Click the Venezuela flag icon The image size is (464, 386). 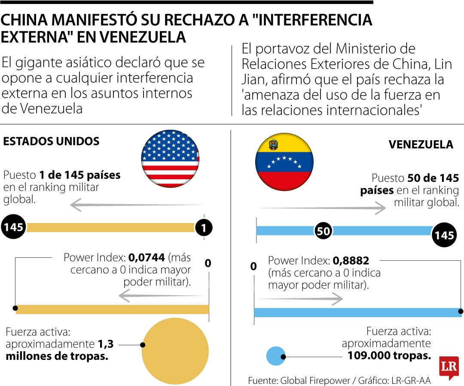[284, 162]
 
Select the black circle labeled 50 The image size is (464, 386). [323, 231]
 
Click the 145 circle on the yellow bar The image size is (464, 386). [13, 227]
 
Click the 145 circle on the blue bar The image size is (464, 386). [444, 235]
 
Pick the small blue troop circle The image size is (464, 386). [275, 356]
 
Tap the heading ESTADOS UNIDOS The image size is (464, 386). [51, 141]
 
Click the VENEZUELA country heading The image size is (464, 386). [421, 145]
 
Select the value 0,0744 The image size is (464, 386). [147, 257]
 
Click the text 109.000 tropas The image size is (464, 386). [389, 356]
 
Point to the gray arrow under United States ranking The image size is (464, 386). [136, 205]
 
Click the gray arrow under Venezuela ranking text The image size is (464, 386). [322, 208]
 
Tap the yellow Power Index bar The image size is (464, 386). [112, 309]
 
